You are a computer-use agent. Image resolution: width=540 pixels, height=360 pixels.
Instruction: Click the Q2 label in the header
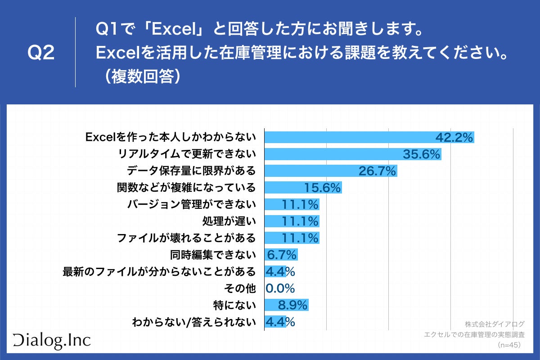tap(41, 53)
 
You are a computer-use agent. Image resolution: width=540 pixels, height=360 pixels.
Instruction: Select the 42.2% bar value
tap(454, 137)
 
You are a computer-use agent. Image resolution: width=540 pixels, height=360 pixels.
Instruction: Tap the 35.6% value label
tap(421, 154)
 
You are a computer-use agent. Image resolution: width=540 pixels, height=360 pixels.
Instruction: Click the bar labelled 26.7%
tap(330, 171)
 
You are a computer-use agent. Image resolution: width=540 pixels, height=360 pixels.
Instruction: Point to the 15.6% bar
tap(303, 188)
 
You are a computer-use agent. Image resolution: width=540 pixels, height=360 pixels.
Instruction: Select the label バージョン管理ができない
tap(192, 204)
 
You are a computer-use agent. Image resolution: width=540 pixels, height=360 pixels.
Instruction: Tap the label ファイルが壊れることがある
tap(186, 237)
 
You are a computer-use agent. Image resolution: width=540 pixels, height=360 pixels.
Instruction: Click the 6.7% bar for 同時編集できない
tap(281, 255)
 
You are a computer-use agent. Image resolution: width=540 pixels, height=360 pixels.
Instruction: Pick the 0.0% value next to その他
tap(280, 288)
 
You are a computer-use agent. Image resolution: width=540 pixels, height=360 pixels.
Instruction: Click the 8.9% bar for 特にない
tap(286, 305)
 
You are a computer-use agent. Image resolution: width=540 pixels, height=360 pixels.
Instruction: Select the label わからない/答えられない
tap(193, 322)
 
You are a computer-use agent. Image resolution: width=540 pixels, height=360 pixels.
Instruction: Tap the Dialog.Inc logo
tap(52, 341)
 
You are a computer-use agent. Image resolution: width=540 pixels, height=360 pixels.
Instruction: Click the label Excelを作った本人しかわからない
tap(171, 137)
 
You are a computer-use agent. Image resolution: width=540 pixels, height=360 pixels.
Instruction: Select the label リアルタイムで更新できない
tap(186, 154)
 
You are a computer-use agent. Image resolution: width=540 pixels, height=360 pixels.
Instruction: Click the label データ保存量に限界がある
tap(191, 171)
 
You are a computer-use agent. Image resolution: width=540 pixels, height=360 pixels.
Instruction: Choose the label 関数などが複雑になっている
tap(186, 188)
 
